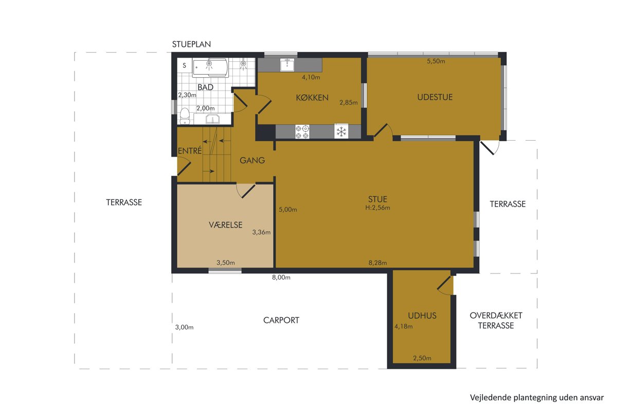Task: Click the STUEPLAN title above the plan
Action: [191, 44]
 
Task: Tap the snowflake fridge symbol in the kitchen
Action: [341, 131]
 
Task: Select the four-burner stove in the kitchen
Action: [302, 132]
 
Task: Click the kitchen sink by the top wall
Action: [287, 64]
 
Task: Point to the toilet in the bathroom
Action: [185, 116]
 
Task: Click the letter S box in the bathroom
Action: [184, 65]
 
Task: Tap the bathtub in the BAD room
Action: [210, 67]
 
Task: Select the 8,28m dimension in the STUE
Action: [377, 263]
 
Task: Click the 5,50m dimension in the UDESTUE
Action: [436, 61]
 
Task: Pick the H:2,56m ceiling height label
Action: [377, 208]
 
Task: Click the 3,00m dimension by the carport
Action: [184, 327]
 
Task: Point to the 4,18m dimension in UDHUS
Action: [404, 327]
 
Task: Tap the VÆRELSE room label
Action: [226, 225]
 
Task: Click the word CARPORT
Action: [281, 320]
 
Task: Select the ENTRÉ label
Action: [190, 151]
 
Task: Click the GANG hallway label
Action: [252, 160]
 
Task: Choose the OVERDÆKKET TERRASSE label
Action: [496, 320]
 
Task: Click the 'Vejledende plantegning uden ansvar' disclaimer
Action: [537, 398]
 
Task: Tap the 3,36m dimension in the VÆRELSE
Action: [261, 232]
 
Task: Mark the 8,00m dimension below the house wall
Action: [281, 278]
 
